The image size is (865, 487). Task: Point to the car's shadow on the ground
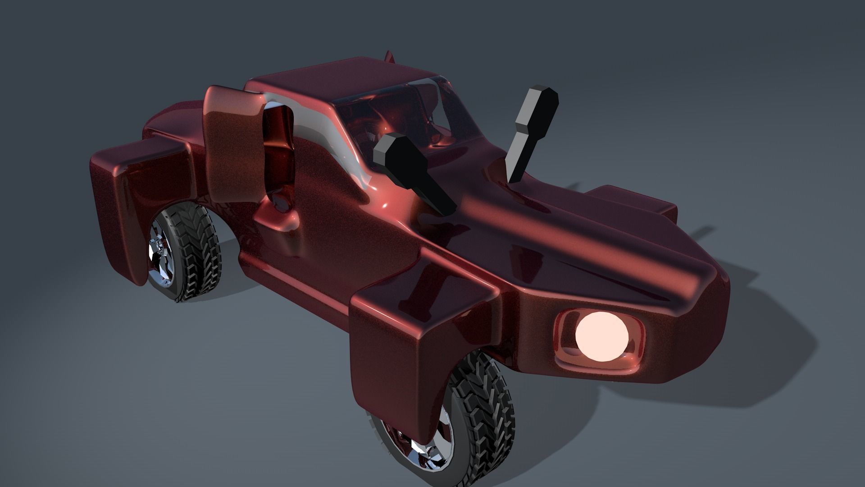coord(743,361)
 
